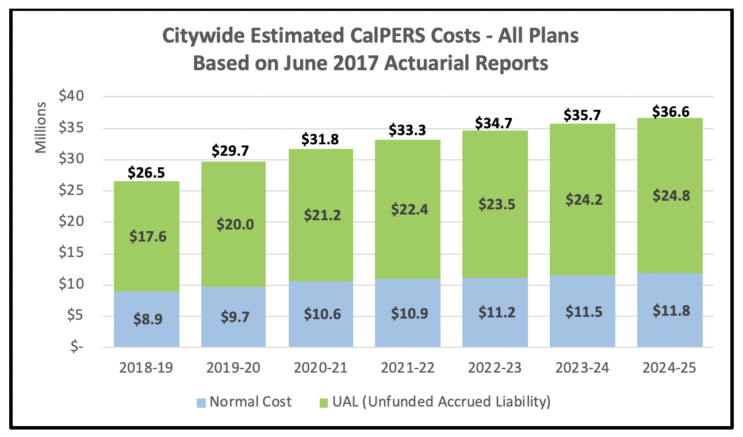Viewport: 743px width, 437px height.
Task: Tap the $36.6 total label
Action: pyautogui.click(x=670, y=111)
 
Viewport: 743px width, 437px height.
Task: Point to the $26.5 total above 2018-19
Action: pyautogui.click(x=147, y=173)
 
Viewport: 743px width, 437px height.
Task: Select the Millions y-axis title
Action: pyautogui.click(x=41, y=128)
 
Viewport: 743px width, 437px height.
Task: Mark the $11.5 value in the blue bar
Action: pyautogui.click(x=582, y=312)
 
